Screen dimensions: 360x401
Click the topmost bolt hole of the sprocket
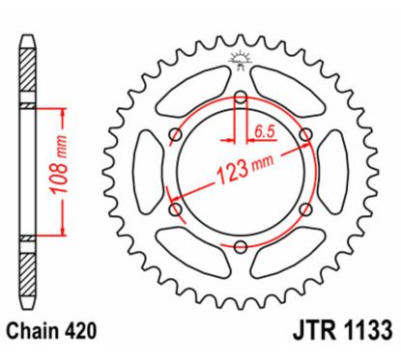pyautogui.click(x=240, y=97)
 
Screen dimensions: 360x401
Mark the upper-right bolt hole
pyautogui.click(x=305, y=134)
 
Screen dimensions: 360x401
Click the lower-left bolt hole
pyautogui.click(x=175, y=208)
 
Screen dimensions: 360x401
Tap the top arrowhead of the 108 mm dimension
pyautogui.click(x=65, y=107)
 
